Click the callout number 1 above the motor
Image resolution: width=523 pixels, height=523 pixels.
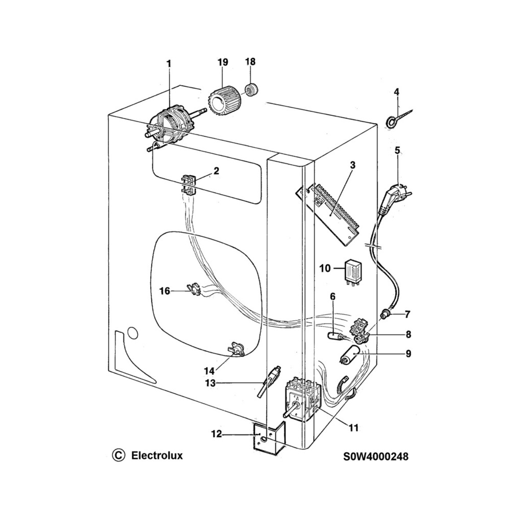(x=169, y=64)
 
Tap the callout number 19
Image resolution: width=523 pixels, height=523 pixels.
(x=222, y=62)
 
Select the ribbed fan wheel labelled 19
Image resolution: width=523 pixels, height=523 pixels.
(x=222, y=100)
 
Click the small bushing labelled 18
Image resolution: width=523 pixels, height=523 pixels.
(x=251, y=90)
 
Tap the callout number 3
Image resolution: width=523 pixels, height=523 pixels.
(x=352, y=165)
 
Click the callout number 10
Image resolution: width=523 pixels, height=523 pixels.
(x=325, y=268)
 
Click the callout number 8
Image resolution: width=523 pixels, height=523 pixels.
(x=408, y=335)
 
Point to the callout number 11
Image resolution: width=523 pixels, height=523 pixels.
(x=353, y=428)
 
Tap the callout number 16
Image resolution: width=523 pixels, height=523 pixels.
(x=164, y=291)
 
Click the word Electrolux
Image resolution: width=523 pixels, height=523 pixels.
(x=157, y=455)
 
